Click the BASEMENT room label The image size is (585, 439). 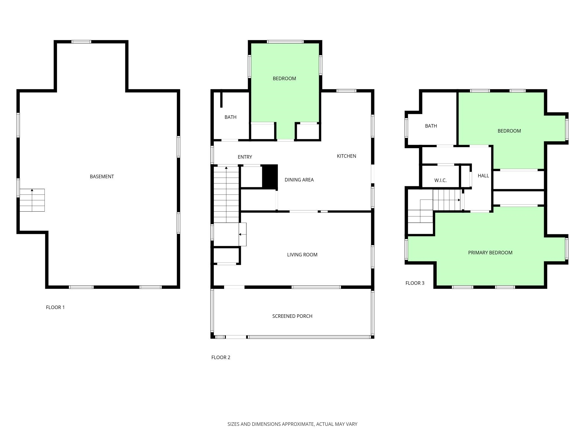[x=102, y=176]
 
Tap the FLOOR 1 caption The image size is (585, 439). [x=55, y=307]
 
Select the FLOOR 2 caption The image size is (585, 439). [x=221, y=357]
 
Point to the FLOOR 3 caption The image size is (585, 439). [x=415, y=283]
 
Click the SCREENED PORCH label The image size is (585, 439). [x=292, y=316]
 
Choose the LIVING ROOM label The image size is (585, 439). [x=302, y=255]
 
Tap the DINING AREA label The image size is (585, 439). [x=299, y=180]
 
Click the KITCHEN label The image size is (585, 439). [x=346, y=156]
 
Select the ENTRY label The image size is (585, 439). [x=245, y=157]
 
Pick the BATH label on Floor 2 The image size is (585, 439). [x=230, y=117]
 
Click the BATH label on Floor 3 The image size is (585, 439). [x=431, y=126]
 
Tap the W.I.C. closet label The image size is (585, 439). [x=440, y=180]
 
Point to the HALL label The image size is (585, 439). [x=483, y=176]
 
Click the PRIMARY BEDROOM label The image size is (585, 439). [x=490, y=253]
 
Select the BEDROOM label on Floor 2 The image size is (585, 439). [x=284, y=78]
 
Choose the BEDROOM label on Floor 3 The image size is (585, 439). [x=509, y=131]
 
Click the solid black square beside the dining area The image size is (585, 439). [x=270, y=176]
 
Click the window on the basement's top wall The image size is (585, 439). [x=81, y=42]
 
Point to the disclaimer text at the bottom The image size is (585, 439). [x=292, y=424]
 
